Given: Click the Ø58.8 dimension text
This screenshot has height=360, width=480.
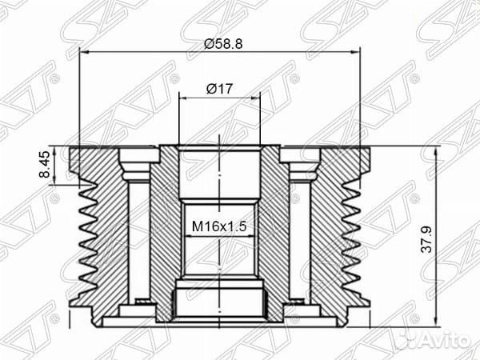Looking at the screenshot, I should tap(220, 42).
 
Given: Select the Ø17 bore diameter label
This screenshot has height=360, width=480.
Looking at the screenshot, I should tap(219, 89).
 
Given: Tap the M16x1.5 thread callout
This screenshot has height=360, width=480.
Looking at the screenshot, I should tap(218, 226).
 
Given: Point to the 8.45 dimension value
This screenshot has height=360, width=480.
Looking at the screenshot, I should tap(46, 166).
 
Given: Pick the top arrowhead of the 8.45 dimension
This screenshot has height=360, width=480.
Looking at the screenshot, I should tap(57, 149).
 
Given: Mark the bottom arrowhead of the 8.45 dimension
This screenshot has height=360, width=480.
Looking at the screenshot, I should tap(57, 182).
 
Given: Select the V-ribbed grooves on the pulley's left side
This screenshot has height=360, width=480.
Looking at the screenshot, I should tap(86, 240).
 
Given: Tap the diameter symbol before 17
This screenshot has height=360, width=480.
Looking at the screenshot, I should tap(210, 89).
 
